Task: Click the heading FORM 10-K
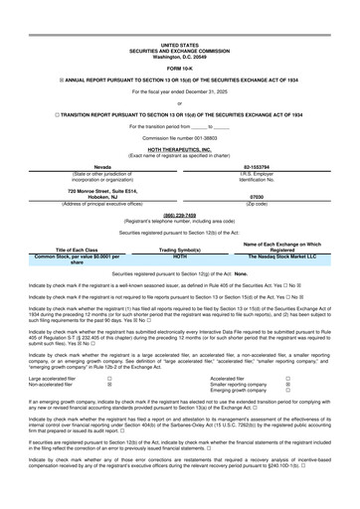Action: [179, 68]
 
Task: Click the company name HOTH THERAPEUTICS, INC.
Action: [179, 151]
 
